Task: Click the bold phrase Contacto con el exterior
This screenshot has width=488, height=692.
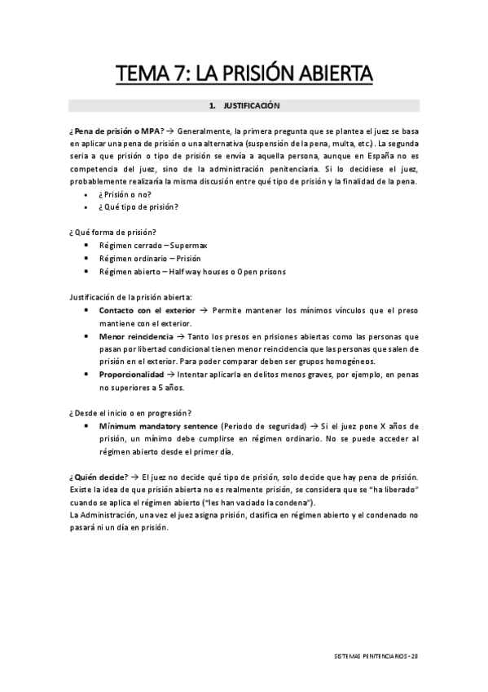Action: coord(147,311)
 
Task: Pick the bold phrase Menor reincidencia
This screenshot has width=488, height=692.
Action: coord(136,336)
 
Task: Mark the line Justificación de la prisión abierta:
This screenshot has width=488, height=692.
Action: coord(131,297)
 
